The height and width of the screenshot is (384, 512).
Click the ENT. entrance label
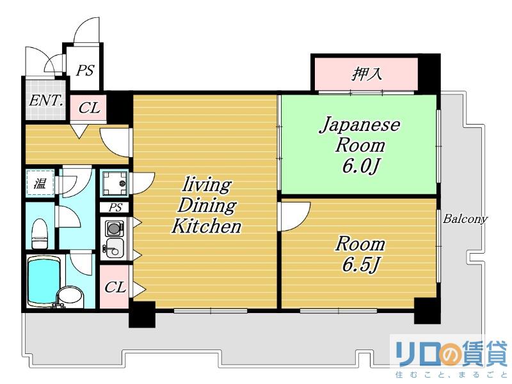(x=46, y=100)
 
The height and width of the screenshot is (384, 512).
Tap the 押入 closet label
(x=367, y=74)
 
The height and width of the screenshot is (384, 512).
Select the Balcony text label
(x=465, y=219)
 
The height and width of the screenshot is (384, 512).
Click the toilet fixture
(x=40, y=234)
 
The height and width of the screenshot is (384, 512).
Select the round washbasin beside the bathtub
(x=70, y=297)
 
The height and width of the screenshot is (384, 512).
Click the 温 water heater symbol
(x=40, y=184)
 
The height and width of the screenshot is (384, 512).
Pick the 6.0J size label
(x=360, y=167)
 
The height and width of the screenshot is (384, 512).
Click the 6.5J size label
(x=360, y=265)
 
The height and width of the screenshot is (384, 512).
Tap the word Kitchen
(x=206, y=226)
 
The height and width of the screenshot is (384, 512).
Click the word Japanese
(x=360, y=125)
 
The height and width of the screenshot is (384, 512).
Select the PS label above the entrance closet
(x=85, y=70)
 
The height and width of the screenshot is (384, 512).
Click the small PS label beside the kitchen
(x=115, y=208)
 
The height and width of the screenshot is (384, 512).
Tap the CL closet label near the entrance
(x=89, y=107)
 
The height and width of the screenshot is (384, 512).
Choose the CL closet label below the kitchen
(x=115, y=287)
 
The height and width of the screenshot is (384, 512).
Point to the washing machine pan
(x=114, y=183)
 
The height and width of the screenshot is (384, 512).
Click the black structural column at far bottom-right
(x=427, y=311)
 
